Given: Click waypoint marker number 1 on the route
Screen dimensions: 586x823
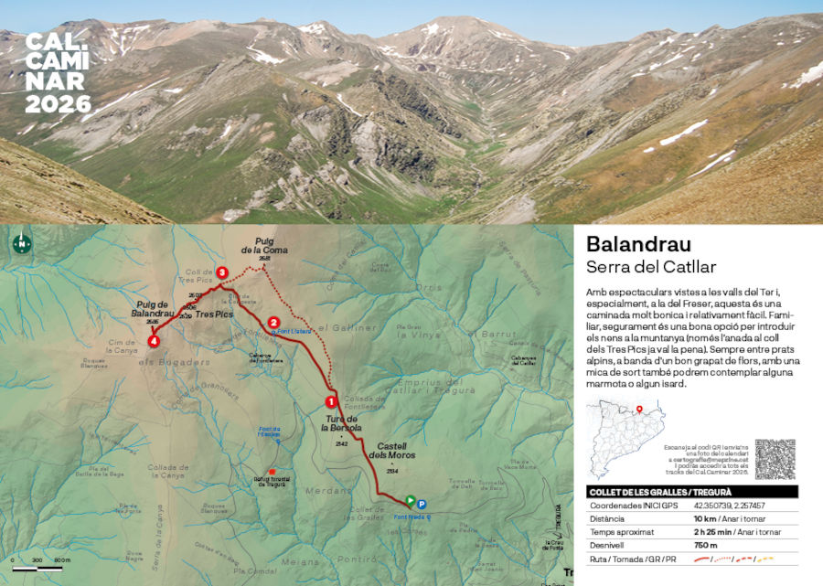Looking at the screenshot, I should tap(331, 400).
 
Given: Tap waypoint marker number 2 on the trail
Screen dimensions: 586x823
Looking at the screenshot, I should tap(273, 322).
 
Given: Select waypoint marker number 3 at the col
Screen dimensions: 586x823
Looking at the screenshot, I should tap(221, 272).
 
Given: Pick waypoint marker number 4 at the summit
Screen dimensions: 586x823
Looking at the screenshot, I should tap(154, 341).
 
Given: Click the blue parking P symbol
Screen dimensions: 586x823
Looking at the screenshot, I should tap(422, 503).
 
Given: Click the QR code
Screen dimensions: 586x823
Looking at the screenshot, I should tap(775, 458).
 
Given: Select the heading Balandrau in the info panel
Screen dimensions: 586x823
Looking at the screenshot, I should tap(638, 244).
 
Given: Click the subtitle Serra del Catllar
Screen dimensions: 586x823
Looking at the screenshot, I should tap(651, 267).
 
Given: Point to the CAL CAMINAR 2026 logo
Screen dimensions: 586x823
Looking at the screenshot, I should tap(57, 73).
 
